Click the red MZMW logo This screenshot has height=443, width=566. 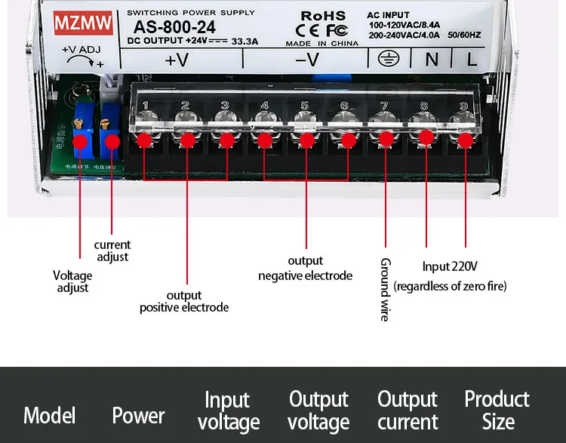[x=82, y=23]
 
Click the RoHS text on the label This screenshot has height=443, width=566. [x=323, y=16]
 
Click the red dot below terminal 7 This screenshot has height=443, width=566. [x=386, y=139]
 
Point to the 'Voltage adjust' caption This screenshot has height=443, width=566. [x=72, y=281]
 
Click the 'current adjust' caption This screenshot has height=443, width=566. [x=112, y=251]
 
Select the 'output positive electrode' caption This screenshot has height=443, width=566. [x=184, y=301]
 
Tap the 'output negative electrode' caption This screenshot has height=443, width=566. [x=305, y=269]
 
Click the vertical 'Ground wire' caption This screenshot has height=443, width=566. [x=385, y=290]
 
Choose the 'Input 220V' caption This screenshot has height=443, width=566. [x=450, y=266]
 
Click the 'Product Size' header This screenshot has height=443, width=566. [x=497, y=410]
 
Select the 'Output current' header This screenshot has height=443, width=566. [x=408, y=410]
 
